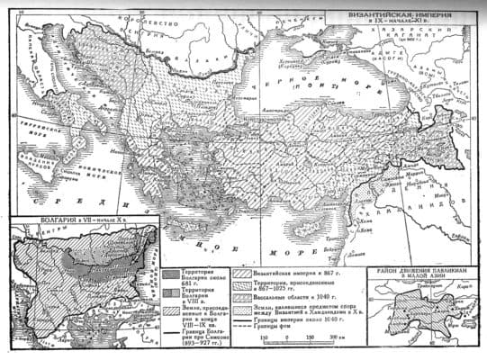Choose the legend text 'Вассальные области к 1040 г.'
pos(295,296)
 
